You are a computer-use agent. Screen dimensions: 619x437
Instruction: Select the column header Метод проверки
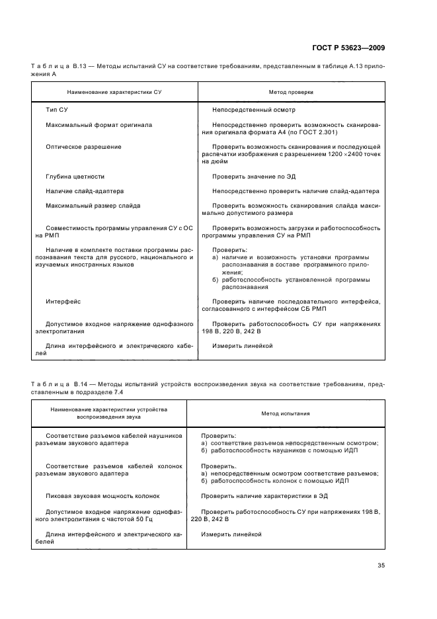click(x=290, y=93)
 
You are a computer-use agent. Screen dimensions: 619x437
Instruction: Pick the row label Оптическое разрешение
click(x=83, y=146)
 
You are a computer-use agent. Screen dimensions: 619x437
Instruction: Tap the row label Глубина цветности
click(x=75, y=177)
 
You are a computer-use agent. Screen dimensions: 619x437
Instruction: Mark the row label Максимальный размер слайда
click(x=93, y=205)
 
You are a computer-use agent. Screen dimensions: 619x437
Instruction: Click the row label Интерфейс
click(x=63, y=301)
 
